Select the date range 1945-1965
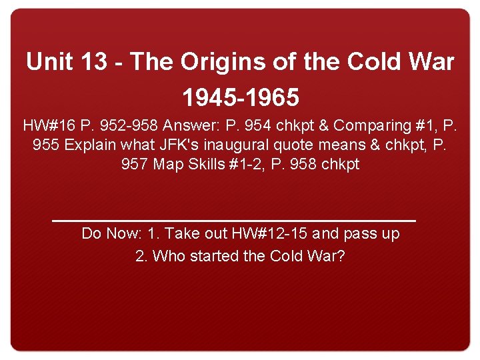coord(240,98)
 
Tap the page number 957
coord(135,164)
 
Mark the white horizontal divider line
coord(233,219)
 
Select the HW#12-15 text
coord(270,234)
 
